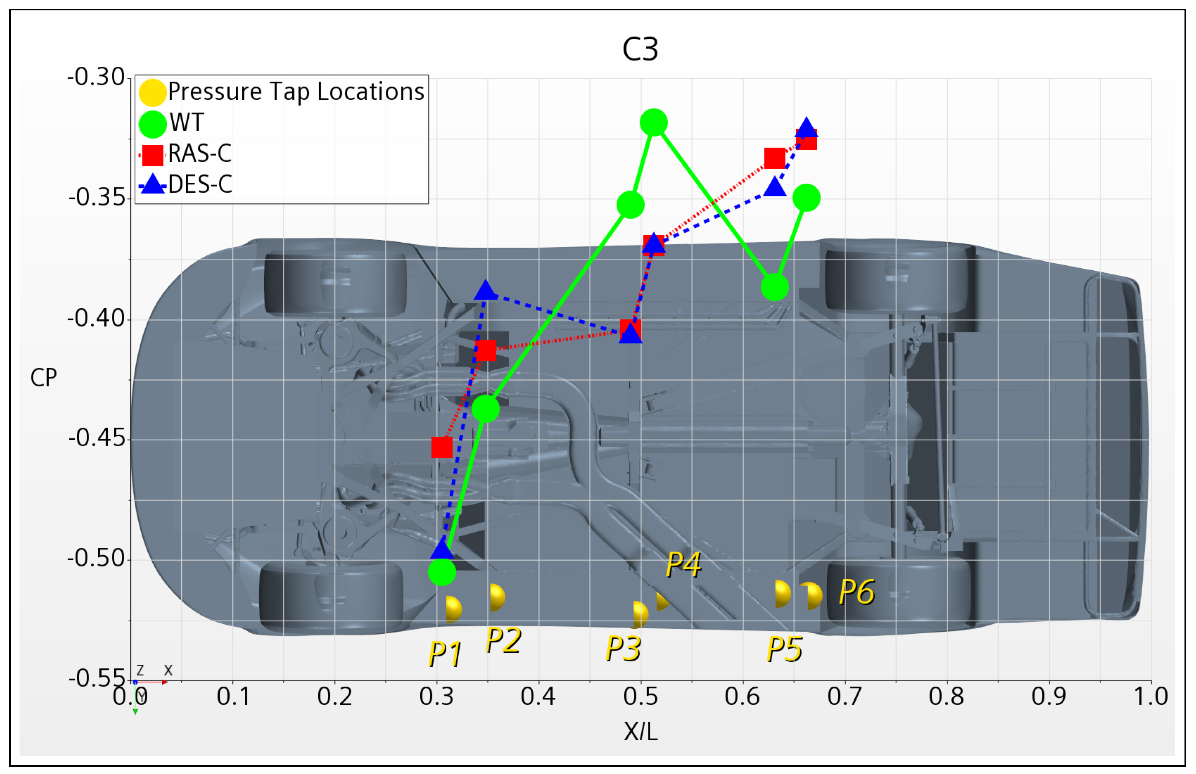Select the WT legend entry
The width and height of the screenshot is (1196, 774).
(x=186, y=123)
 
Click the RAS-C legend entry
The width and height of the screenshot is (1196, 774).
(x=199, y=154)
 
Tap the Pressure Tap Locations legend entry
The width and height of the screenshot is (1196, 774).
(x=296, y=92)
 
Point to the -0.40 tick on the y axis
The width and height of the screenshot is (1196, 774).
(x=96, y=319)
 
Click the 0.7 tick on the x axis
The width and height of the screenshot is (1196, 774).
(x=844, y=697)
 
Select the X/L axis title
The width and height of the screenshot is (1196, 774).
(x=640, y=732)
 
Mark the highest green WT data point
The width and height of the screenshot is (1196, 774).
(x=653, y=123)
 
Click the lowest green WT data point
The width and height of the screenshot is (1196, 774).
(x=442, y=572)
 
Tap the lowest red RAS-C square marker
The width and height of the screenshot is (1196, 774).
(x=442, y=447)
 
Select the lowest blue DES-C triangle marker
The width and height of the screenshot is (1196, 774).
(x=442, y=549)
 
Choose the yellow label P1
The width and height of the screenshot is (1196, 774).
(x=445, y=654)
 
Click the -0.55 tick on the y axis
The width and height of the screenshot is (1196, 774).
(x=96, y=678)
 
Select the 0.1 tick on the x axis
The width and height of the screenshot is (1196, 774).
(x=233, y=697)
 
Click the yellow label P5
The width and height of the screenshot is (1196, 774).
(x=784, y=649)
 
